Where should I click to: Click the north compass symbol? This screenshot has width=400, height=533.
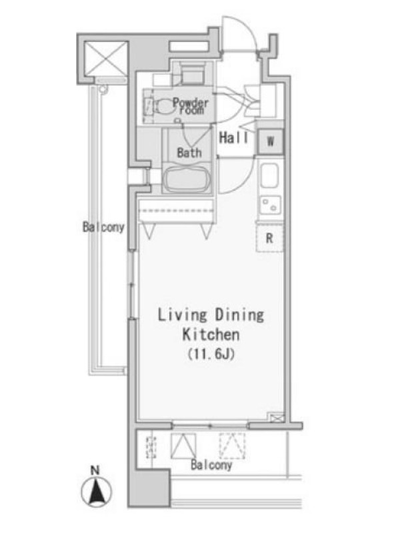click(x=96, y=491)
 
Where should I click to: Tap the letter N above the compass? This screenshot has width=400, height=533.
click(x=95, y=470)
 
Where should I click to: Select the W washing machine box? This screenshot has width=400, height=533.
click(x=271, y=141)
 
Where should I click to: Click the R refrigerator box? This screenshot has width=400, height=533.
click(x=269, y=238)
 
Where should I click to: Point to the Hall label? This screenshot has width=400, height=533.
click(x=234, y=138)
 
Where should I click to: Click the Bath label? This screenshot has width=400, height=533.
click(x=189, y=153)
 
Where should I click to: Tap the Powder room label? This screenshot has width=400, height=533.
click(x=190, y=106)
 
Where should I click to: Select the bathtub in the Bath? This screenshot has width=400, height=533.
click(x=186, y=179)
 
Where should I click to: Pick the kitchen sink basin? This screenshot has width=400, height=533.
click(x=270, y=175)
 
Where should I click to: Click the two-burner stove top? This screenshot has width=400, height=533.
click(x=270, y=205)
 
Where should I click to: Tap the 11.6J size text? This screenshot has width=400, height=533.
click(x=211, y=354)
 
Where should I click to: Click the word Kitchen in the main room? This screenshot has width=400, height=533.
click(x=211, y=334)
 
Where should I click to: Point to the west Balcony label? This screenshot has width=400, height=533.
click(x=104, y=227)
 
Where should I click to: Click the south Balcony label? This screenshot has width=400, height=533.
click(x=211, y=464)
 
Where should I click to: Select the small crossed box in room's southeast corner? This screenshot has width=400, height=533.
click(x=276, y=417)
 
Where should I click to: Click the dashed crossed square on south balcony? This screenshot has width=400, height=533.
click(x=232, y=446)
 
